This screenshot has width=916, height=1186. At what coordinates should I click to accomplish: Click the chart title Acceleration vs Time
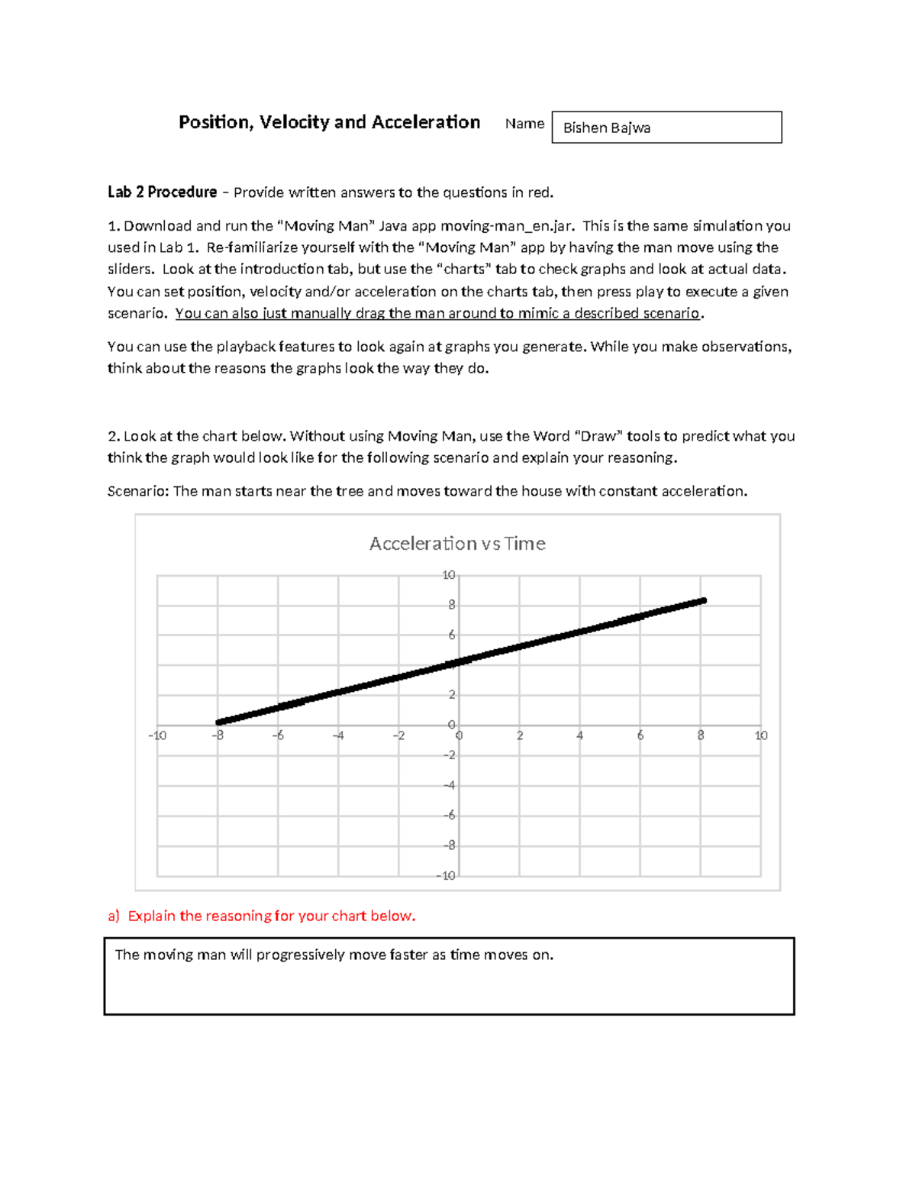457,544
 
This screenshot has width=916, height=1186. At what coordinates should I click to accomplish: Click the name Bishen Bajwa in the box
606,128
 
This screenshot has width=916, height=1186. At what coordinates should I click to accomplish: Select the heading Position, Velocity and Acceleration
329,122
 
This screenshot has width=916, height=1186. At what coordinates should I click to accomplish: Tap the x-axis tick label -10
157,735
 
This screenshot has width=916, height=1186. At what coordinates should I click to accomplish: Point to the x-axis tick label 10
761,735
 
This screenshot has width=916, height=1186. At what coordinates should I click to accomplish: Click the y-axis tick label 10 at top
449,575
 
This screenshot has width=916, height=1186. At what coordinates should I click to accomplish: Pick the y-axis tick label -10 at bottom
447,876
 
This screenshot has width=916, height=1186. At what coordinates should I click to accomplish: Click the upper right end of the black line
703,601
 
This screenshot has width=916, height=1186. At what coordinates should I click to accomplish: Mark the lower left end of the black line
219,722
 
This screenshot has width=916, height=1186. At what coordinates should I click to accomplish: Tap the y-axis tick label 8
452,605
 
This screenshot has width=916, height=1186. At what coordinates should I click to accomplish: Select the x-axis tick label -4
338,735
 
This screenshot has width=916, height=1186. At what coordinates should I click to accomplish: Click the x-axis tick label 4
580,735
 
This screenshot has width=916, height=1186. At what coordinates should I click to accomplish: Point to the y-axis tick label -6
450,816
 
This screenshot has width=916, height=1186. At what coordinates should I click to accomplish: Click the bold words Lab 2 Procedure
162,192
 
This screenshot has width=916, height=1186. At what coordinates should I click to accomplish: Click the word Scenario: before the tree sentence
138,491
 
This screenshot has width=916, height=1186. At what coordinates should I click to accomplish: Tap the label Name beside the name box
524,124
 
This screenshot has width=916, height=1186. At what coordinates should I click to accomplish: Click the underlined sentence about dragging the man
437,313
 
